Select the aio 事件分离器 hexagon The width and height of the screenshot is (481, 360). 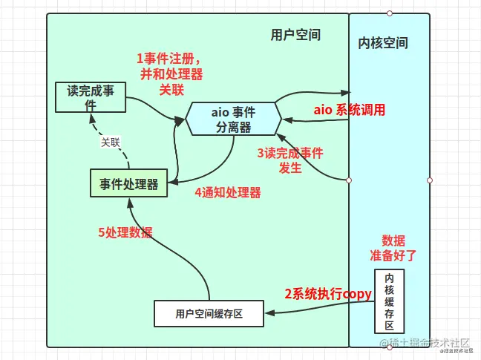(233, 120)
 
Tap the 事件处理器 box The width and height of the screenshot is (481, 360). (129, 183)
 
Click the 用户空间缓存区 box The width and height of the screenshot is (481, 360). (209, 314)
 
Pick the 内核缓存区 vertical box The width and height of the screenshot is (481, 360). (389, 300)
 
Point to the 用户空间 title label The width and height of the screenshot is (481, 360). (295, 35)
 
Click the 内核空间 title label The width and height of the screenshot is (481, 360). (383, 43)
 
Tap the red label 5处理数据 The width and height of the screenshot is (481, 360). (125, 232)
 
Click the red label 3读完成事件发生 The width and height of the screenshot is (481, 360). (290, 160)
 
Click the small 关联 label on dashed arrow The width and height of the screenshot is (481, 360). (110, 142)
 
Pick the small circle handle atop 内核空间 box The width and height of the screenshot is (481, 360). (390, 13)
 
